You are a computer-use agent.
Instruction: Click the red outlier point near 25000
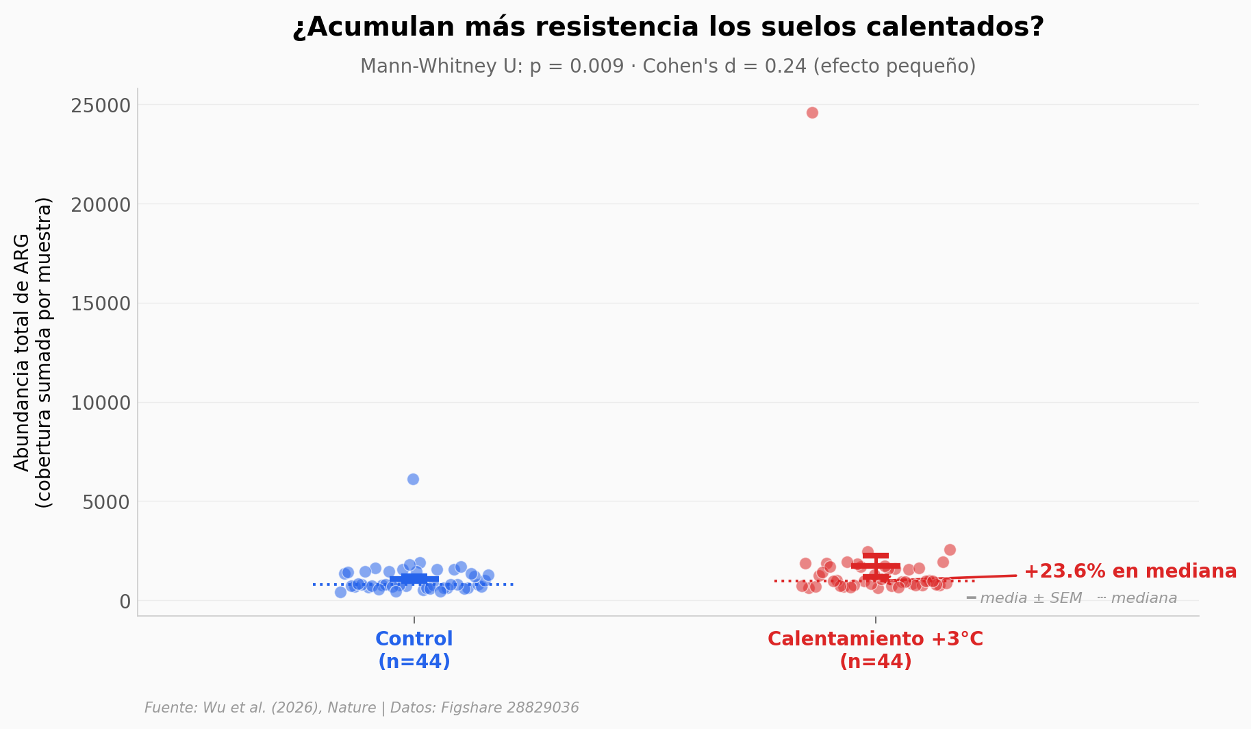(x=812, y=112)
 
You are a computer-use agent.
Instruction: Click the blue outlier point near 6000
(x=413, y=479)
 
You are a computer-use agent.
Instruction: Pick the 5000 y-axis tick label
(x=106, y=502)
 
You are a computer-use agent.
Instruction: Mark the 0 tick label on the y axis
(x=125, y=602)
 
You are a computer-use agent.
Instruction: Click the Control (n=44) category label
(x=414, y=650)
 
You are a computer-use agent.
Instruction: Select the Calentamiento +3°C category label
(x=875, y=650)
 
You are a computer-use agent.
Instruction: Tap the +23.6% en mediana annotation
(x=1130, y=571)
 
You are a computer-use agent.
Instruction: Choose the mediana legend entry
(x=1143, y=598)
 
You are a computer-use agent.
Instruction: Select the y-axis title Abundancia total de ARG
(x=22, y=353)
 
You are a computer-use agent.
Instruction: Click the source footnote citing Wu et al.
(x=362, y=708)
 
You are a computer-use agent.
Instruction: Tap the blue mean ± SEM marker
(x=414, y=579)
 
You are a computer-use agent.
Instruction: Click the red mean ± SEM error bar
(x=876, y=566)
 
